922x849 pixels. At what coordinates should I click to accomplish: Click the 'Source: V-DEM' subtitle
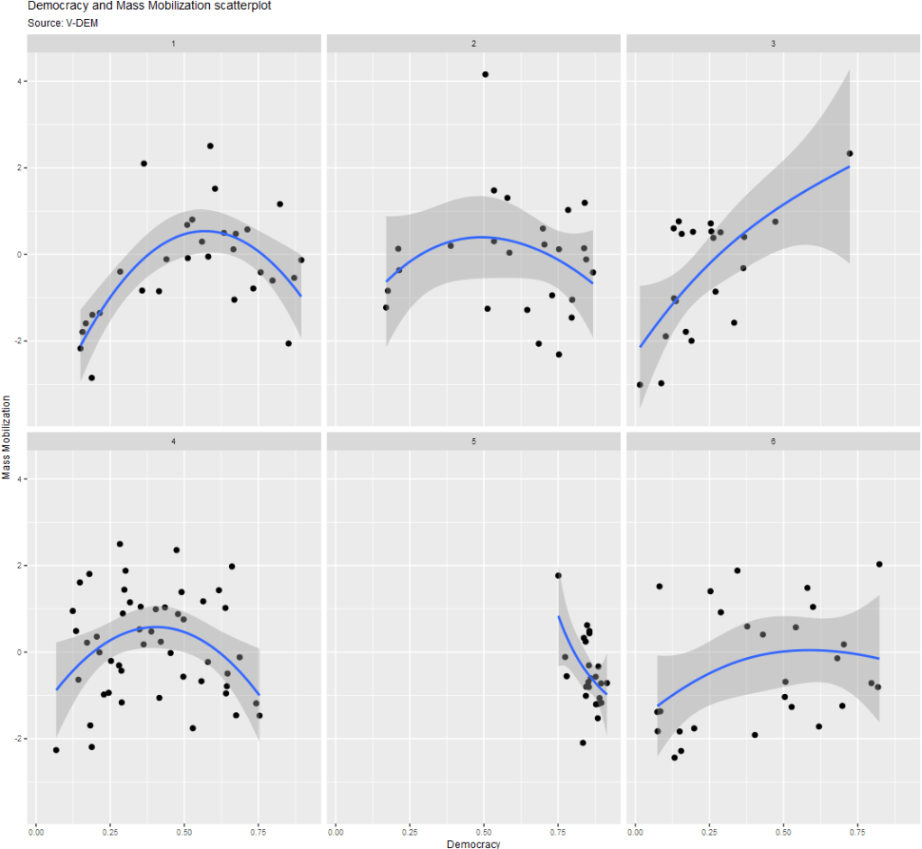pyautogui.click(x=63, y=23)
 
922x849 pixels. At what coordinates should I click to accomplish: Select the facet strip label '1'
pyautogui.click(x=174, y=43)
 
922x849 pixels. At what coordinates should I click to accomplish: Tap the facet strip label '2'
pyautogui.click(x=473, y=43)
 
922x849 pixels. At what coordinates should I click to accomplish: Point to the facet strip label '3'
pyautogui.click(x=772, y=43)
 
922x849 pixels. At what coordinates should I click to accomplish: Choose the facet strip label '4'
pyautogui.click(x=174, y=442)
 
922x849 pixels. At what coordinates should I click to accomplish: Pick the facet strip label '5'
pyautogui.click(x=473, y=442)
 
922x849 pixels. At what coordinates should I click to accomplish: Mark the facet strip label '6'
pyautogui.click(x=772, y=442)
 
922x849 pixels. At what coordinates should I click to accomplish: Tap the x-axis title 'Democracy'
pyautogui.click(x=473, y=844)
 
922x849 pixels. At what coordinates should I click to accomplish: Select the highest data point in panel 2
pyautogui.click(x=485, y=74)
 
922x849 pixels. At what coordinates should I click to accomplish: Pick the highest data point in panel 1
pyautogui.click(x=210, y=145)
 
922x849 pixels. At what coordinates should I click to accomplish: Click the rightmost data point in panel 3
pyautogui.click(x=849, y=153)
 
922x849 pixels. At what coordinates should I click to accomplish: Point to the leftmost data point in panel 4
pyautogui.click(x=56, y=750)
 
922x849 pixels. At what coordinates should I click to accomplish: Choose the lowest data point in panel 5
pyautogui.click(x=583, y=743)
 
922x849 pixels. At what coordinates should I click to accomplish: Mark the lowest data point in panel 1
pyautogui.click(x=92, y=378)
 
